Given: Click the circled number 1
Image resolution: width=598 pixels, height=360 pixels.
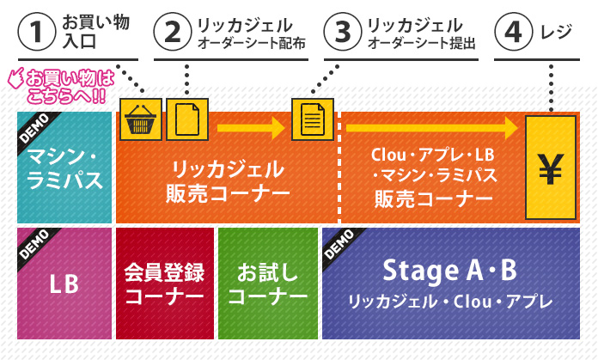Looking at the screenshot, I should click(x=36, y=33).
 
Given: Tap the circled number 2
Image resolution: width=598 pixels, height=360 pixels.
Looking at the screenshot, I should click(x=172, y=33).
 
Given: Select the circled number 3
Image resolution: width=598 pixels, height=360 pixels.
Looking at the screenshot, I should click(x=343, y=33).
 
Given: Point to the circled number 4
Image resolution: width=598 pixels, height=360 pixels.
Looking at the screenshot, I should click(x=514, y=33).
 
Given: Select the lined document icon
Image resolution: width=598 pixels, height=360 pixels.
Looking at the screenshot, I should click(x=311, y=119).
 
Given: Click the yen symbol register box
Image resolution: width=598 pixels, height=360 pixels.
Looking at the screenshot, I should click(x=549, y=167).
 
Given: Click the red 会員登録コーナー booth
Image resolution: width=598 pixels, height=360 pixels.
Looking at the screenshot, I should click(x=164, y=284).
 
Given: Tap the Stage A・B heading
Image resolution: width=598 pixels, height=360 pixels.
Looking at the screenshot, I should click(x=449, y=272).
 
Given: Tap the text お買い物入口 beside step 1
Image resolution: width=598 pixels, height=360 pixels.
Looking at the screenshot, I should click(x=95, y=33).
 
